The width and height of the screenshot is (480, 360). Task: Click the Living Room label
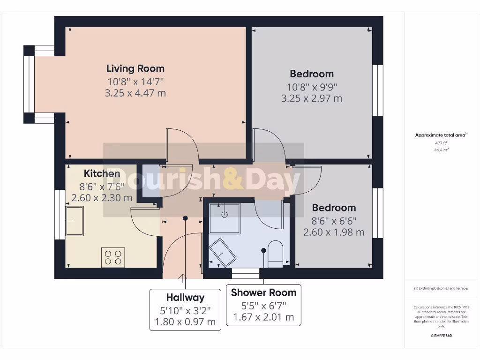[x=135, y=68]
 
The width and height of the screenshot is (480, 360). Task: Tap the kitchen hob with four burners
[x=113, y=257]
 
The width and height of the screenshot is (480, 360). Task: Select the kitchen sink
[x=74, y=220]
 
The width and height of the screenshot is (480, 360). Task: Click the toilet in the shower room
[x=275, y=254]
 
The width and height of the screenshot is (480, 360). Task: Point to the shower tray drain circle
[x=225, y=215]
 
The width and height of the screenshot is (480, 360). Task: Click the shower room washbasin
[x=222, y=252]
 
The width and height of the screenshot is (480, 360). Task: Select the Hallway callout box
[x=185, y=310]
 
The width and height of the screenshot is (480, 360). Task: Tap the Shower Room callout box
[x=263, y=305]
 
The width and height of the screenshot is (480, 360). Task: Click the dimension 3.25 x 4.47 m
[x=135, y=93]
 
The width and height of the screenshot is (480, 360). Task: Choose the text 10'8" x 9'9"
[x=311, y=87]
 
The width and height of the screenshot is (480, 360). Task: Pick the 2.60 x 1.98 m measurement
[x=334, y=232]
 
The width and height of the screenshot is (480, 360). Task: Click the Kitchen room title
[x=102, y=173]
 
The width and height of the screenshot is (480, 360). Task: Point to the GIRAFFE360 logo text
[x=442, y=336]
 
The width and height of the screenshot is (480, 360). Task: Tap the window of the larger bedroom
[x=378, y=90]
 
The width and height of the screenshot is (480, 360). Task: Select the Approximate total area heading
[x=441, y=135]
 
